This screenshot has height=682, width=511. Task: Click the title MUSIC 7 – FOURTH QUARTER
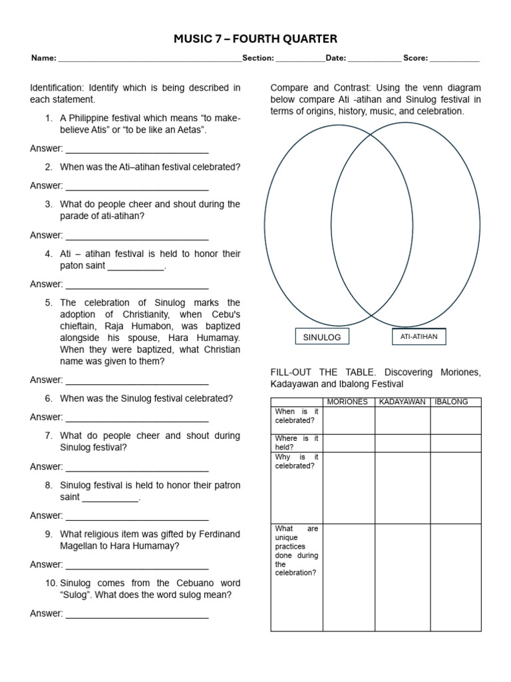(x=255, y=39)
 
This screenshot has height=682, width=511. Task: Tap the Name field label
(x=43, y=59)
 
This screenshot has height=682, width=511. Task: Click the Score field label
(x=415, y=59)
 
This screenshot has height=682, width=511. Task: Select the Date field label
(x=335, y=59)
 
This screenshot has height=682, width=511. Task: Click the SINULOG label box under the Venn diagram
(x=321, y=338)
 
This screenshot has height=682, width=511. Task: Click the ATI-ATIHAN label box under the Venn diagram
(x=419, y=337)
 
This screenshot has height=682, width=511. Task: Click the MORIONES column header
(x=348, y=402)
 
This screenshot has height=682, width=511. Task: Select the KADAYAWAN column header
(x=402, y=402)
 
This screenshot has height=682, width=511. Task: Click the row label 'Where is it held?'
(x=296, y=443)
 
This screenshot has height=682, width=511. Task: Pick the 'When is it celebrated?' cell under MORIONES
(x=348, y=420)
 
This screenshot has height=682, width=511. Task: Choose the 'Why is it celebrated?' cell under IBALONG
(x=455, y=488)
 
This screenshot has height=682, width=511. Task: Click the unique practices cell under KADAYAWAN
(x=402, y=577)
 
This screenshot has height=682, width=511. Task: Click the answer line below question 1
(x=137, y=149)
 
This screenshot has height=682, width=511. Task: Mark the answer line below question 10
(x=137, y=615)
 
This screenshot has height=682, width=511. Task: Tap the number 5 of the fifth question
(x=49, y=303)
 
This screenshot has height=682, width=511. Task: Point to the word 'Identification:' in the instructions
(x=58, y=88)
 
